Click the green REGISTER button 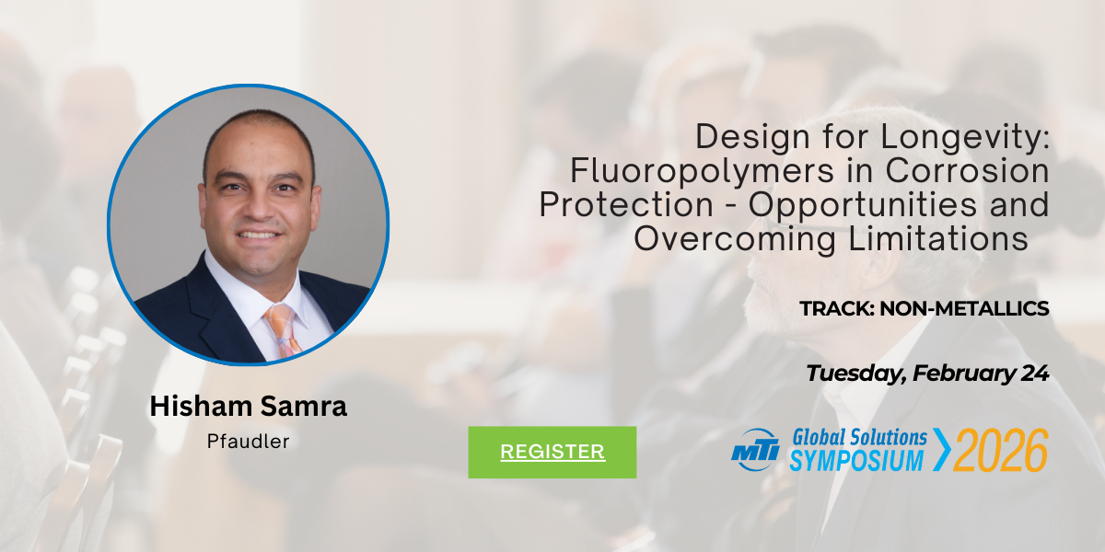point(552,452)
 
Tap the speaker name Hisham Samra point(248,406)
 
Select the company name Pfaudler point(248,441)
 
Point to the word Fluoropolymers point(703,171)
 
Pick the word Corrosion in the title point(968,170)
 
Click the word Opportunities point(863,205)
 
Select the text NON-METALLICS point(964,308)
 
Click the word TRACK point(837,308)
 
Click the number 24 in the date point(1035,374)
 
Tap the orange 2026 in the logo point(1000,450)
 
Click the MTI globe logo point(755,450)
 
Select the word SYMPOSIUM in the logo point(856,460)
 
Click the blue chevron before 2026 point(942,450)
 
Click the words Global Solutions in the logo point(859,437)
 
